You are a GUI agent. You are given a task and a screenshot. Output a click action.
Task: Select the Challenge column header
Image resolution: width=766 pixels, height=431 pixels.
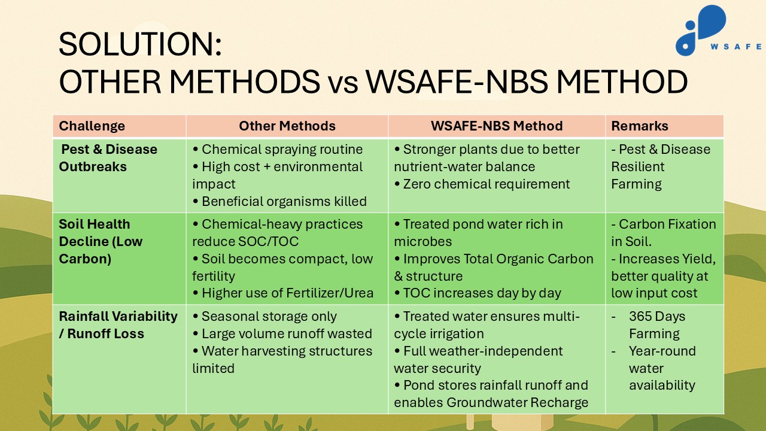pyautogui.click(x=92, y=126)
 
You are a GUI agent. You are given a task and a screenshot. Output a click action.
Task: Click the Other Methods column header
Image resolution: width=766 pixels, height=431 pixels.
pyautogui.click(x=287, y=126)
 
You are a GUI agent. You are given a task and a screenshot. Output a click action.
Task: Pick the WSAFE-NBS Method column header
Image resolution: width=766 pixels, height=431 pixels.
pyautogui.click(x=497, y=126)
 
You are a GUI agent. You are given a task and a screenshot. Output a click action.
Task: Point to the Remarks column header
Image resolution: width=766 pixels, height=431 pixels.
pyautogui.click(x=640, y=126)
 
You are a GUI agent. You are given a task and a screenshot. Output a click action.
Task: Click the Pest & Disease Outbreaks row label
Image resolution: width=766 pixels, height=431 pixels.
pyautogui.click(x=108, y=158)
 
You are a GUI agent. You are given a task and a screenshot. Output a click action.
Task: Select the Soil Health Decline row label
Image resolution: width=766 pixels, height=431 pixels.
pyautogui.click(x=101, y=241)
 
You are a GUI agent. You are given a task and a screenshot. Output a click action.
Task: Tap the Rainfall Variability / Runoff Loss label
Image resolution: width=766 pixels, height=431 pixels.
pyautogui.click(x=118, y=325)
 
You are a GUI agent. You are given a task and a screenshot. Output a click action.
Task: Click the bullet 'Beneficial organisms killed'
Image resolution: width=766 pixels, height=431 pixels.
pyautogui.click(x=279, y=201)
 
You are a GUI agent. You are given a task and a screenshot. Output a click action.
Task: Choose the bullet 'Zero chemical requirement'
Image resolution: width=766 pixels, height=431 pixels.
pyautogui.click(x=482, y=184)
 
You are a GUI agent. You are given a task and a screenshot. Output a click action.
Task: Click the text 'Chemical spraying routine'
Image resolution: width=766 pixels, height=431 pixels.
pyautogui.click(x=278, y=150)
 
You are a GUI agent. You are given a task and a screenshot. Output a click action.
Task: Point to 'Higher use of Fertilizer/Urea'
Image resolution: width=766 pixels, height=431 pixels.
pyautogui.click(x=283, y=293)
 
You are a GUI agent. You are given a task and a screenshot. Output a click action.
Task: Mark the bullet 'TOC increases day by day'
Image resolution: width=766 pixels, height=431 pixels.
pyautogui.click(x=478, y=293)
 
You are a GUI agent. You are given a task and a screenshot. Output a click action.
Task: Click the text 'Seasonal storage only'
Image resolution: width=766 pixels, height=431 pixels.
pyautogui.click(x=265, y=317)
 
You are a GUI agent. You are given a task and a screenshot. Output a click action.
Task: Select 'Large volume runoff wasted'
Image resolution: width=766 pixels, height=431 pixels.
pyautogui.click(x=282, y=333)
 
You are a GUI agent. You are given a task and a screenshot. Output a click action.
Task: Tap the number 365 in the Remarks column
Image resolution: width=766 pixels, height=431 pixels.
pyautogui.click(x=641, y=317)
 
